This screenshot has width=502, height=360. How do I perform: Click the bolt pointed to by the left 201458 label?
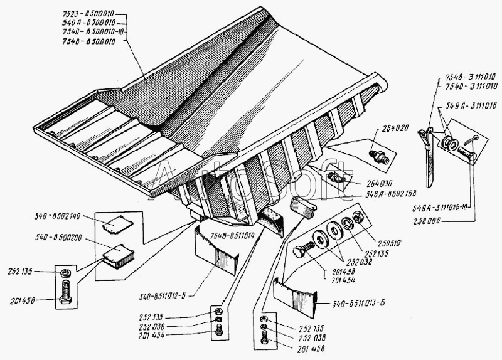point(64,292)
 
